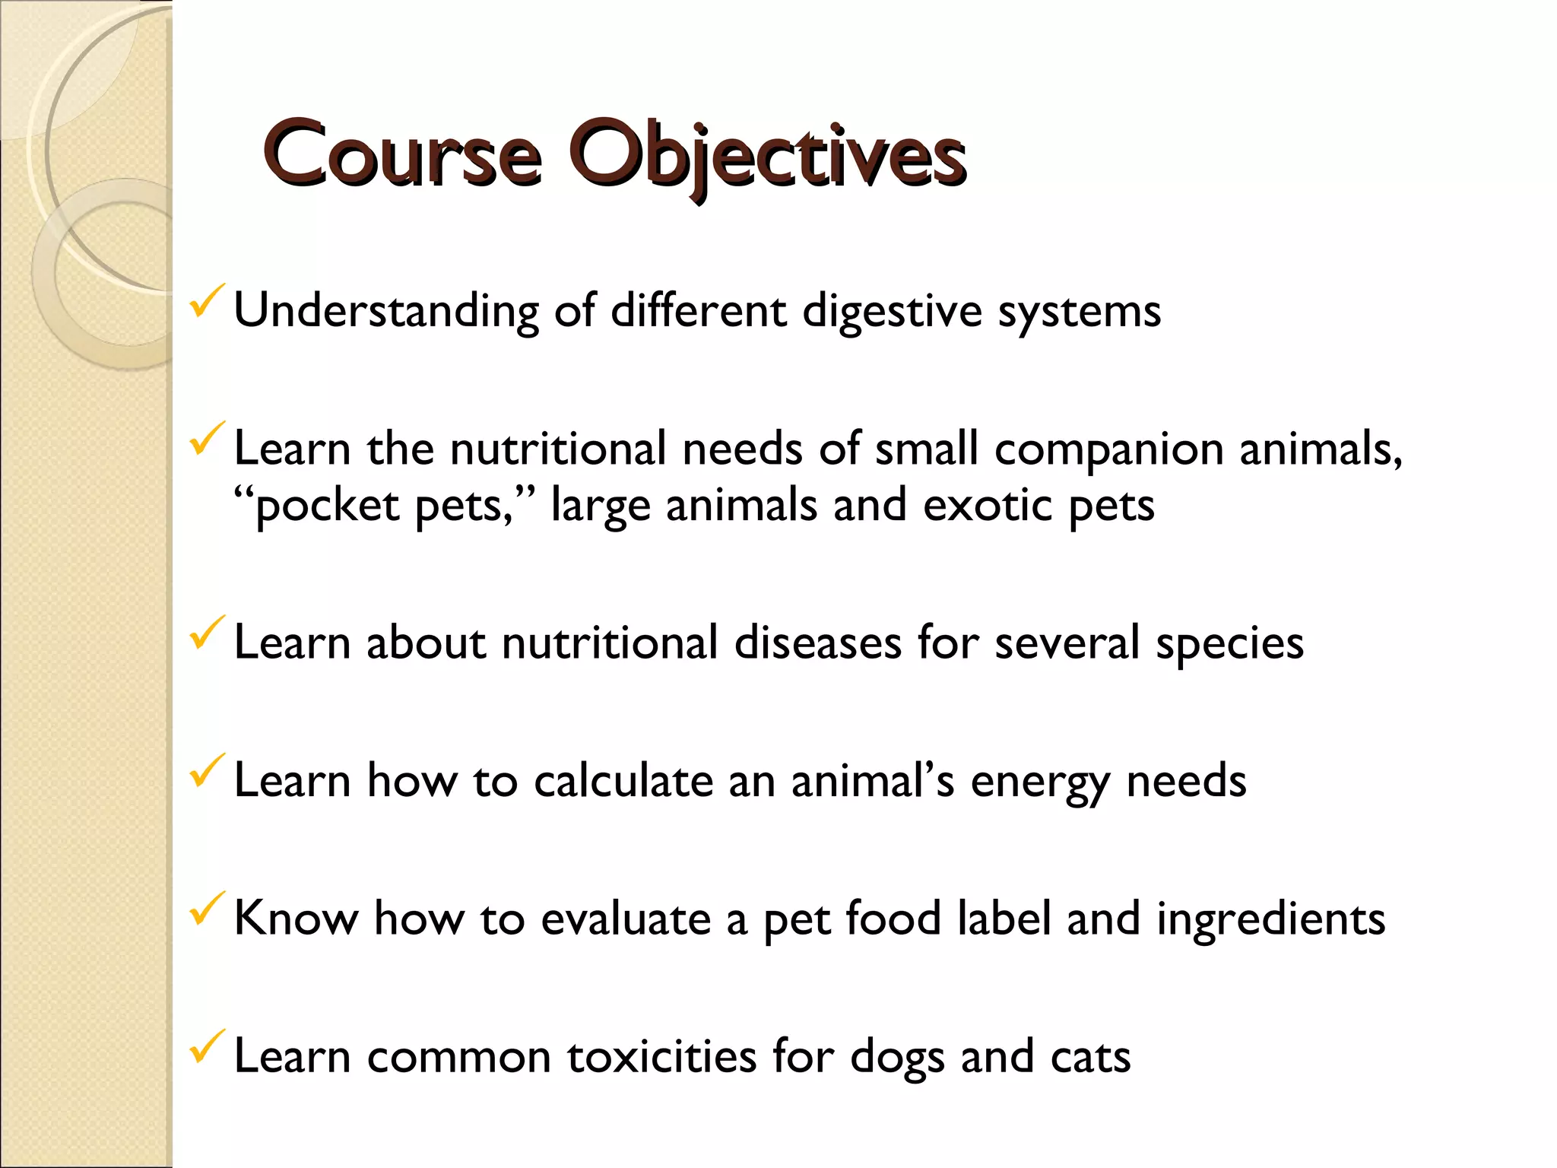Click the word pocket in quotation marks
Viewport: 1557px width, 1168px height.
pos(327,506)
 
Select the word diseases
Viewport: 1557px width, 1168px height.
pos(817,643)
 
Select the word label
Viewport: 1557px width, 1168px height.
pos(1004,919)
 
